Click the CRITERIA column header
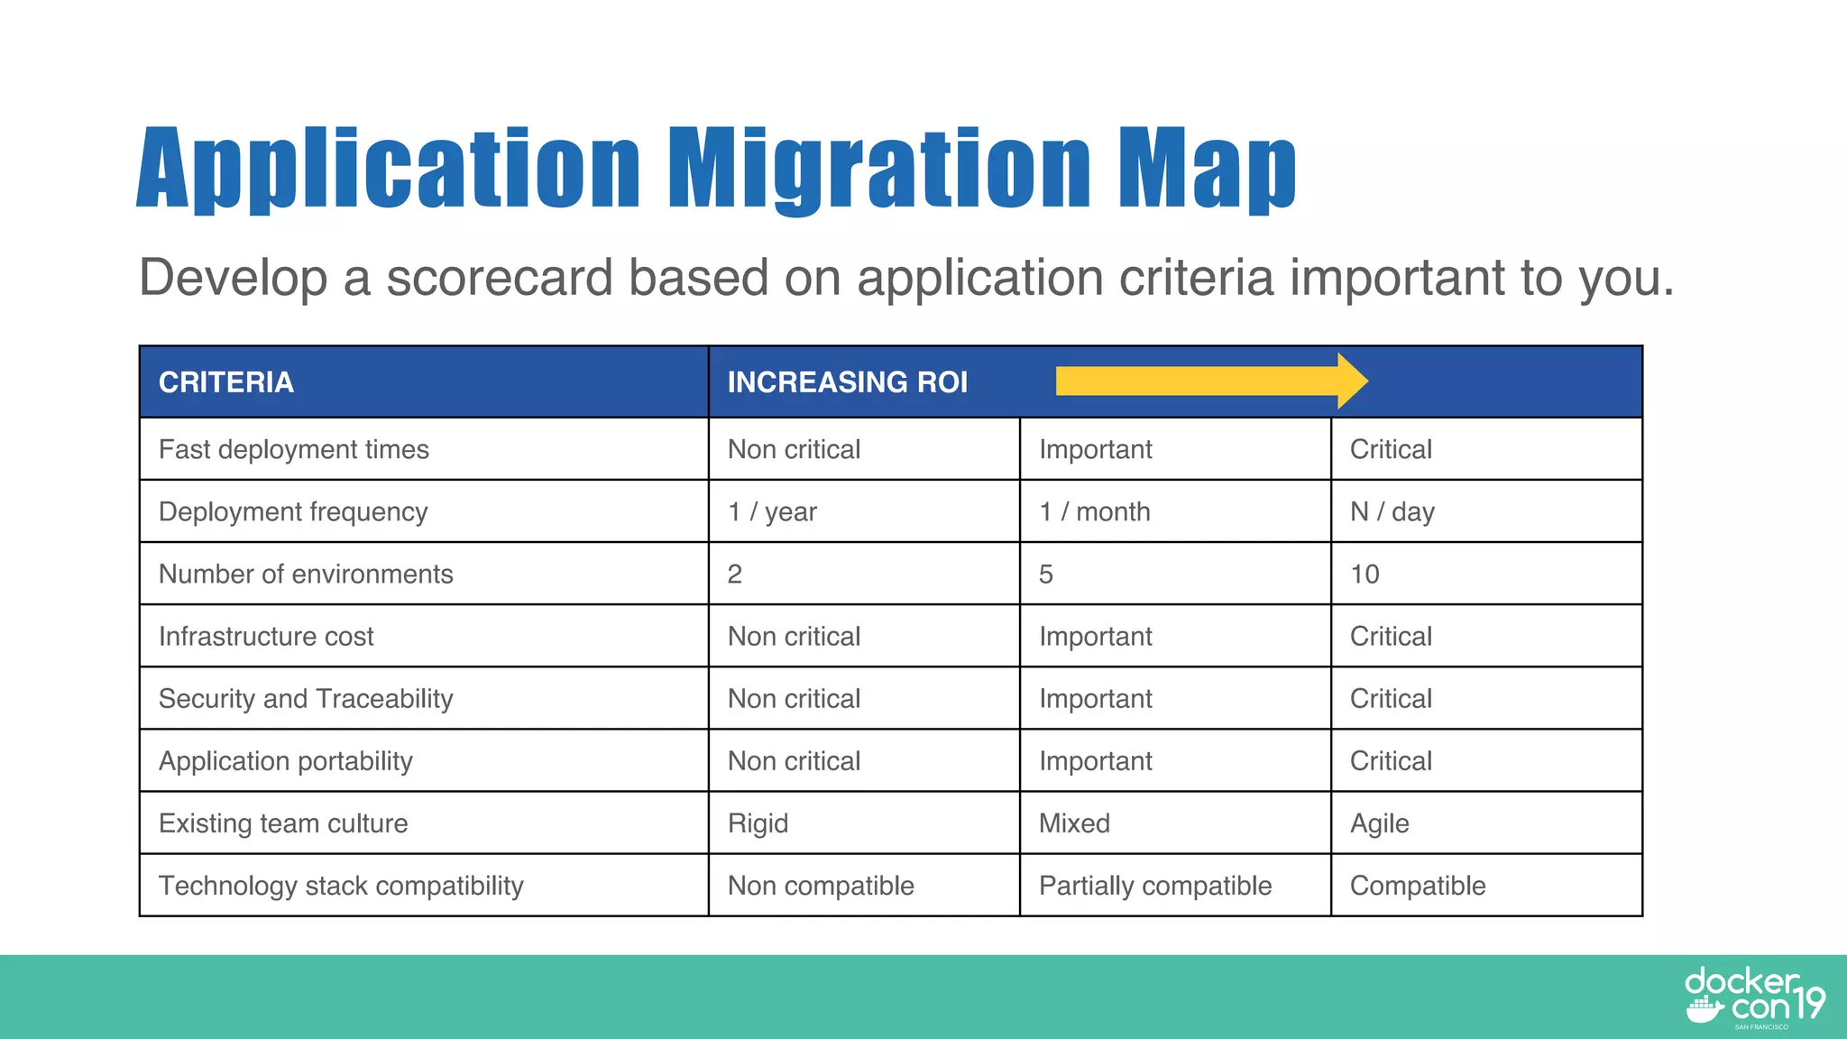[226, 382]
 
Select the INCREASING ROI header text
[847, 382]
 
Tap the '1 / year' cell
[772, 512]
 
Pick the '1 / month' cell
[1094, 512]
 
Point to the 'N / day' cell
[1392, 512]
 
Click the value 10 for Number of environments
[1365, 575]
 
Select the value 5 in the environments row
[1046, 575]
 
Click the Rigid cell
[758, 823]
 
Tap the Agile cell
[1379, 823]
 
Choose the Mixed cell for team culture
[1074, 823]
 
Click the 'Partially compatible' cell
[1154, 886]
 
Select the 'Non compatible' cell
[821, 886]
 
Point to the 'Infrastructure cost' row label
[266, 637]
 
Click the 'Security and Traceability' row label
[306, 699]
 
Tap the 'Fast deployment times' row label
[294, 450]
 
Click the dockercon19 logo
[1753, 997]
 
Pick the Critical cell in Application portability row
[1391, 761]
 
